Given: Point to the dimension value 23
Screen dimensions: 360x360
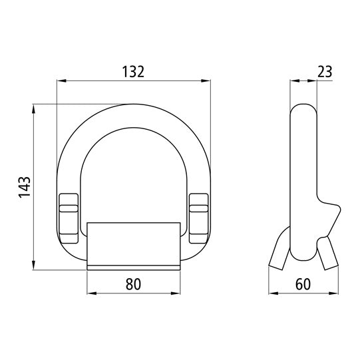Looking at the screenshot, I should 325,71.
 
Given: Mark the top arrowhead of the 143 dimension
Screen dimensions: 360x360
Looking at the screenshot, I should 33,107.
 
